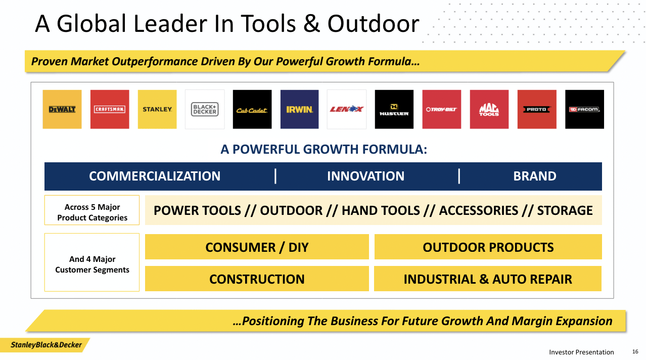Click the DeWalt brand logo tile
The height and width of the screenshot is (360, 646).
tap(62, 109)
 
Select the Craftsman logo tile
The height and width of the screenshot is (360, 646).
tap(110, 109)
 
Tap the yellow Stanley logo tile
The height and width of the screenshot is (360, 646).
tap(157, 109)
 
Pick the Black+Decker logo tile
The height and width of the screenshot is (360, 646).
tap(205, 109)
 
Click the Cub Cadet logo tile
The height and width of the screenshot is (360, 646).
tap(252, 109)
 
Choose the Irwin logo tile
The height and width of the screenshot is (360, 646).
tap(299, 109)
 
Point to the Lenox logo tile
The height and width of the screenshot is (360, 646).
tap(347, 109)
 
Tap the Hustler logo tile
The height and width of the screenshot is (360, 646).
tap(394, 109)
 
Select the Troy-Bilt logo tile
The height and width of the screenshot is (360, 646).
tap(441, 109)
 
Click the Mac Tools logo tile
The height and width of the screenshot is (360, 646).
tap(489, 109)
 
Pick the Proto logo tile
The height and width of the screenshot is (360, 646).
tap(537, 109)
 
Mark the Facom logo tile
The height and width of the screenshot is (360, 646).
tap(584, 109)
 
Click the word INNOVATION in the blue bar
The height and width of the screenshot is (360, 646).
tap(365, 176)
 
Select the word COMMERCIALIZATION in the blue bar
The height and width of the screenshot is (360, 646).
tap(155, 176)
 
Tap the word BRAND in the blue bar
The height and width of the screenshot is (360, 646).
tap(535, 176)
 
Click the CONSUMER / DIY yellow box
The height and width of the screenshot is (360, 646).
tap(257, 247)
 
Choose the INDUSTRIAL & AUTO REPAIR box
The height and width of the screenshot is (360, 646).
tap(488, 279)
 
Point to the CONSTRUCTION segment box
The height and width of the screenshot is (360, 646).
tap(257, 279)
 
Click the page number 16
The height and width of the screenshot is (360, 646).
tap(635, 351)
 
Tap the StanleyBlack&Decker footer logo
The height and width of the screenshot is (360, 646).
tap(46, 345)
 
